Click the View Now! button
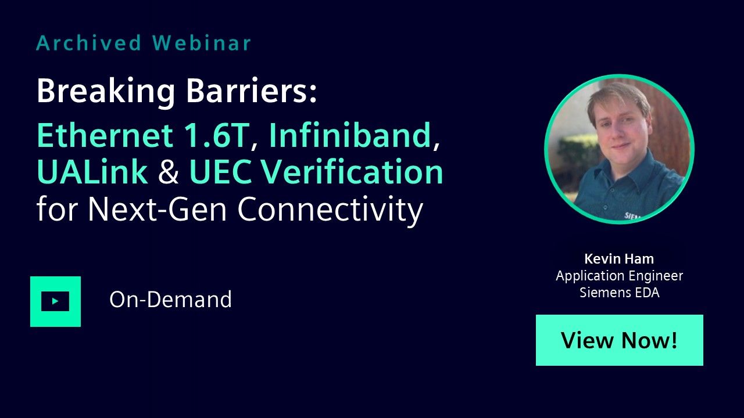point(620,340)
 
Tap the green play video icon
point(55,301)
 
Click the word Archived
point(89,43)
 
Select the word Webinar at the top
point(202,43)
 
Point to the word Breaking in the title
point(106,92)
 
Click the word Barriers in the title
point(252,91)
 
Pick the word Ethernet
point(105,135)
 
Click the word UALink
point(92,171)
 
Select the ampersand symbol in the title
point(169,171)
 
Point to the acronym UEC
point(220,171)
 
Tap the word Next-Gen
point(158,209)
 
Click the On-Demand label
point(171,299)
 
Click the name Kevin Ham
point(619,259)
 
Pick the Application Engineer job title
point(620,276)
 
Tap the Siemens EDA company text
point(620,293)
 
